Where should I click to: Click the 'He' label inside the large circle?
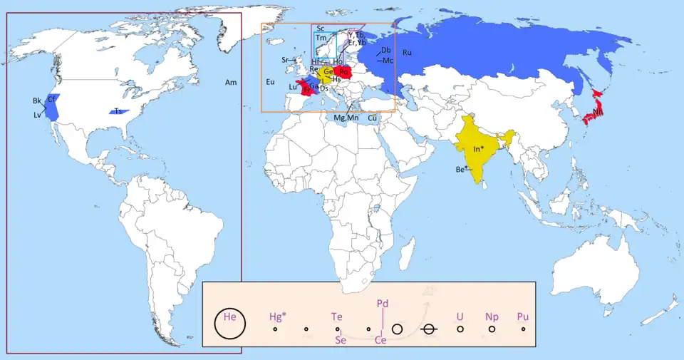(x=230, y=317)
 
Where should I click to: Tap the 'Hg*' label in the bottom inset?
(x=278, y=317)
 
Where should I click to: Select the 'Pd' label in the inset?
(x=383, y=303)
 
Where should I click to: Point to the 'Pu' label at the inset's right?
(x=523, y=317)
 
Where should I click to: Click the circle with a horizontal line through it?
(x=429, y=329)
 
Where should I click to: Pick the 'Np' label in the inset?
(x=492, y=317)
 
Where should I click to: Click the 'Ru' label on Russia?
(x=407, y=53)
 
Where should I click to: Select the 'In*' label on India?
(x=479, y=149)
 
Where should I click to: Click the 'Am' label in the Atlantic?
(x=231, y=83)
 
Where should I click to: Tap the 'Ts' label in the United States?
(x=118, y=111)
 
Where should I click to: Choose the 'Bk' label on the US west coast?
(x=37, y=101)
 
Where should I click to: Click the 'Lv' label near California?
(x=37, y=114)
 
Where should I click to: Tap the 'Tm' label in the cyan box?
(x=321, y=37)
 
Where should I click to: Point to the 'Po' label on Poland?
(x=344, y=71)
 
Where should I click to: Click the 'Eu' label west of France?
(x=270, y=83)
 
